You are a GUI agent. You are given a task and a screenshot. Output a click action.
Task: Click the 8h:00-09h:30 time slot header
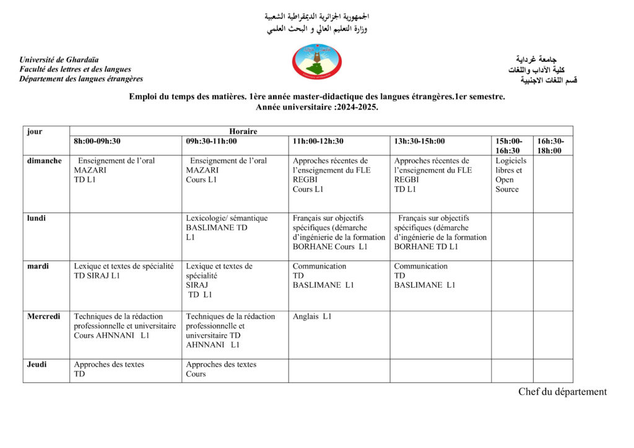97,141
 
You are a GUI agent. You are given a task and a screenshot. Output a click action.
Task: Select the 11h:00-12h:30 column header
318,141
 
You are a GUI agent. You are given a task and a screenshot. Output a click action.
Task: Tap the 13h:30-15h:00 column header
419,141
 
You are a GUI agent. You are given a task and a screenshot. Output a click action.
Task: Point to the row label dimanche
44,161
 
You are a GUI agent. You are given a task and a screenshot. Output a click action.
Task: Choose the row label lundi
37,218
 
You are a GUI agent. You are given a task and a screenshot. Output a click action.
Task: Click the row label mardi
38,266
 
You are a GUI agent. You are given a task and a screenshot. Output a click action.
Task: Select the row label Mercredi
43,316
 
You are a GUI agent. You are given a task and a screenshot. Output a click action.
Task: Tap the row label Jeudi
37,364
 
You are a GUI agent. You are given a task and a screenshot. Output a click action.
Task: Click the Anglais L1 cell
312,317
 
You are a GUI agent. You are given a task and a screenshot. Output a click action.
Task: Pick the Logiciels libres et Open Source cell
511,175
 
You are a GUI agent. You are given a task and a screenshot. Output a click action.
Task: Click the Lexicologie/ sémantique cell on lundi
227,228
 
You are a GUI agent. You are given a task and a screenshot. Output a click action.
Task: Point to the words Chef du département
562,392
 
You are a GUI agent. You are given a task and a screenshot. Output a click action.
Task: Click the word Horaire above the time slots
243,131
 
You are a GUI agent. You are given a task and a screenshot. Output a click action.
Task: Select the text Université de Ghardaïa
59,60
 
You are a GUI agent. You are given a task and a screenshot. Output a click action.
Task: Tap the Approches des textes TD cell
109,369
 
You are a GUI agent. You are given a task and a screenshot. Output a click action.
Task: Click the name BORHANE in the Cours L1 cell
312,246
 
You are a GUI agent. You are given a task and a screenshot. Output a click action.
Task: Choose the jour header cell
35,131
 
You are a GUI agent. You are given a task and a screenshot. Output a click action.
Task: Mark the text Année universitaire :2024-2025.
316,107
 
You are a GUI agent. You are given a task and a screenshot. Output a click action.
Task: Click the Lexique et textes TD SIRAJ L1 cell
124,271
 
